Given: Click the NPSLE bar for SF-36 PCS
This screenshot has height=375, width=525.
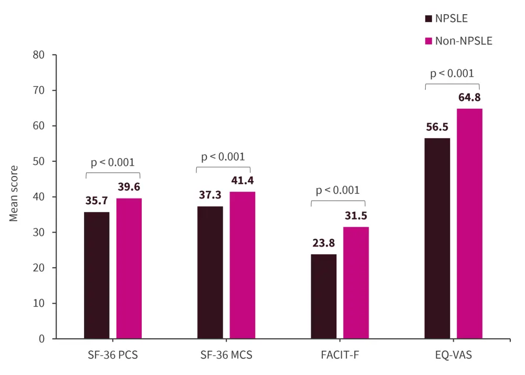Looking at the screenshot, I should [x=97, y=275].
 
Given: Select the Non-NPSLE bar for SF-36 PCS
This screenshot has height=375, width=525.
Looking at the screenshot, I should [x=129, y=268].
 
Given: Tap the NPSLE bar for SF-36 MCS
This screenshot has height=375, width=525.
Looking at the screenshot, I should [x=210, y=273].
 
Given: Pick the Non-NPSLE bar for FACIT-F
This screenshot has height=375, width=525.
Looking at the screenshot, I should [x=356, y=283].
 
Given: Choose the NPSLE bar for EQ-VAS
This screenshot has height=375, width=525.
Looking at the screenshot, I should [x=437, y=238].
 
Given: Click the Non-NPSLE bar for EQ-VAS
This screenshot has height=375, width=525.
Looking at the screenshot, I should [x=469, y=224].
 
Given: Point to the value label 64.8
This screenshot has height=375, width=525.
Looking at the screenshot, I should [x=469, y=98].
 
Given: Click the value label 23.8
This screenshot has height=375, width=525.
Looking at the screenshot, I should [x=323, y=243].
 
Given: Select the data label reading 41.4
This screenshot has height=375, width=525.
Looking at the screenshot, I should [x=243, y=181].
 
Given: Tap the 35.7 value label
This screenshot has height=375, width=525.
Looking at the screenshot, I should [x=97, y=201].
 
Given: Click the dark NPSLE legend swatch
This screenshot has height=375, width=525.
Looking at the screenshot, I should [x=428, y=19].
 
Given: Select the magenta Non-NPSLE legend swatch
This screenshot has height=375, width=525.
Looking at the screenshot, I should [x=428, y=40].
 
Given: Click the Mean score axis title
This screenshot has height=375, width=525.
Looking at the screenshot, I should [x=14, y=194].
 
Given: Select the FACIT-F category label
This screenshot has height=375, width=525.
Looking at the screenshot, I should [x=340, y=355].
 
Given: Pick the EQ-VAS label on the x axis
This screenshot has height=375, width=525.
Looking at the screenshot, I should [x=453, y=355].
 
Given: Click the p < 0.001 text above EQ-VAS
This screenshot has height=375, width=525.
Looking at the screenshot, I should [x=452, y=74].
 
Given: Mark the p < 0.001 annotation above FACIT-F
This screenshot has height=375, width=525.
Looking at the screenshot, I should [x=338, y=190].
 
